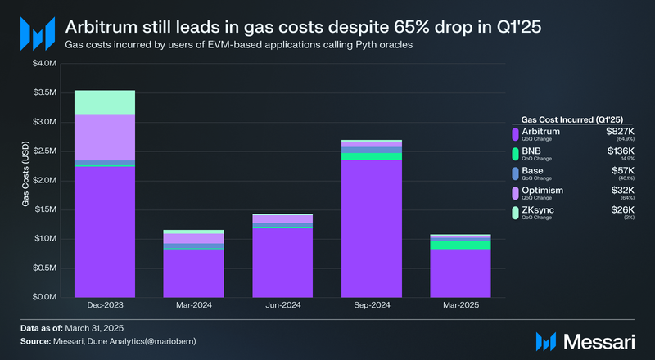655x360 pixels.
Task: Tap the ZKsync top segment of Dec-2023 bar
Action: [105, 101]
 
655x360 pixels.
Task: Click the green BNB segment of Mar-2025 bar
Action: [460, 245]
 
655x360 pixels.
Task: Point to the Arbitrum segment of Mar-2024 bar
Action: [194, 273]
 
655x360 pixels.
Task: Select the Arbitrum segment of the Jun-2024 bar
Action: [282, 263]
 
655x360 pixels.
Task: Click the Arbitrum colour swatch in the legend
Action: [515, 133]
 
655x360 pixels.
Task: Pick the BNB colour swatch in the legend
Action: [515, 153]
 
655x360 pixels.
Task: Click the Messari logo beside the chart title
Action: [36, 34]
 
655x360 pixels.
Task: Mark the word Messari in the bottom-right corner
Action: [602, 339]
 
